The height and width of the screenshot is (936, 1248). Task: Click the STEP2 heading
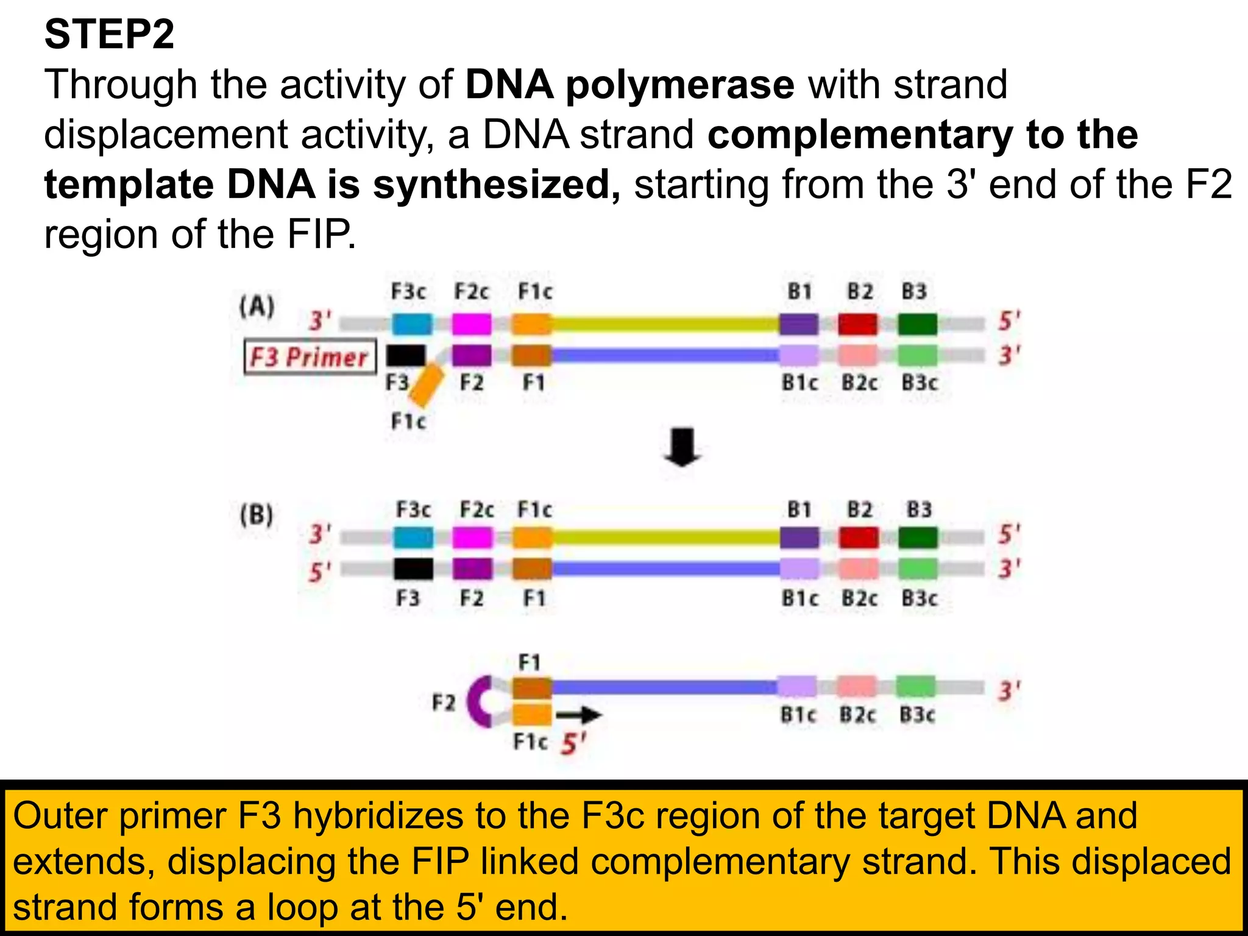coord(109,34)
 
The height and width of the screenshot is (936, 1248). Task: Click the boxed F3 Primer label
coord(310,357)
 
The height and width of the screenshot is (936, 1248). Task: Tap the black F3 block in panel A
coord(406,355)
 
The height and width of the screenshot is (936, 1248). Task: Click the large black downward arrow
coord(682,448)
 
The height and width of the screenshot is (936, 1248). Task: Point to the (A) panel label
coord(257,307)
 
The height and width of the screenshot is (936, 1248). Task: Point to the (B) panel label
coord(257,516)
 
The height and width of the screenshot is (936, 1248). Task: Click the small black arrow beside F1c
coord(579,715)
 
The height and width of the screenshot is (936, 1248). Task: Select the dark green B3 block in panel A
coord(917,324)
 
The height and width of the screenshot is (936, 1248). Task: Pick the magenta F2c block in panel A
coord(472,324)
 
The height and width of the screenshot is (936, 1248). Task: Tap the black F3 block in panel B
coord(413,569)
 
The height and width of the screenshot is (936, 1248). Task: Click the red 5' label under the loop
coord(573,744)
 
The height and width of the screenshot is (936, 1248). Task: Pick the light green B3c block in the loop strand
coord(915,687)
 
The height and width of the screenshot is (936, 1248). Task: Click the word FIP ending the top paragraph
coord(321,234)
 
